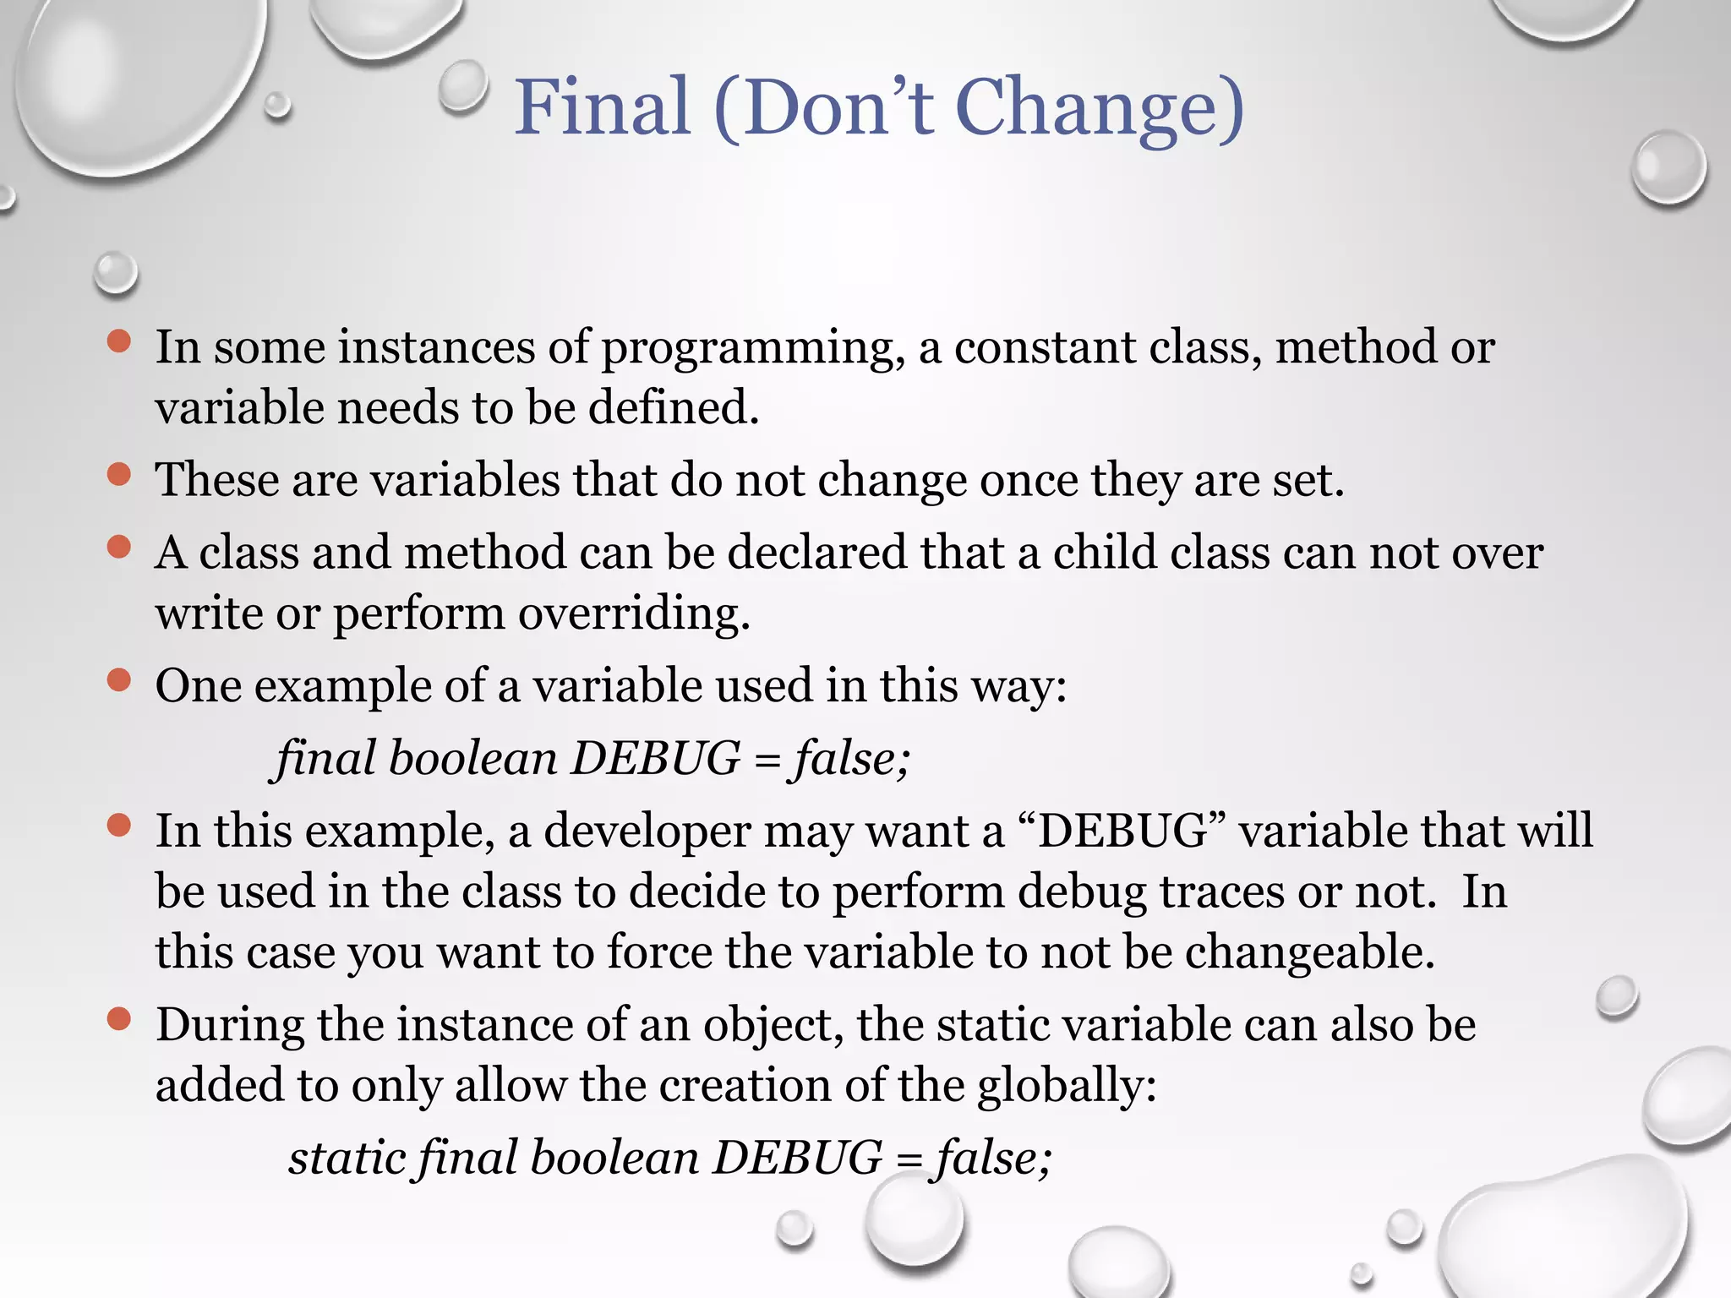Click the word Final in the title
(x=603, y=107)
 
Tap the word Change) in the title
(x=1100, y=107)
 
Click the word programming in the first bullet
(x=747, y=348)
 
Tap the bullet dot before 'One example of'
(x=119, y=679)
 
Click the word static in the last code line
(x=344, y=1157)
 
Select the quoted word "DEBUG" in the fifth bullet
(x=1124, y=831)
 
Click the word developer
(x=647, y=832)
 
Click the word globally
(x=1067, y=1086)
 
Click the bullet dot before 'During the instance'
(x=119, y=1019)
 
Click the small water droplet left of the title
(x=463, y=86)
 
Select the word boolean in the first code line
(x=473, y=758)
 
